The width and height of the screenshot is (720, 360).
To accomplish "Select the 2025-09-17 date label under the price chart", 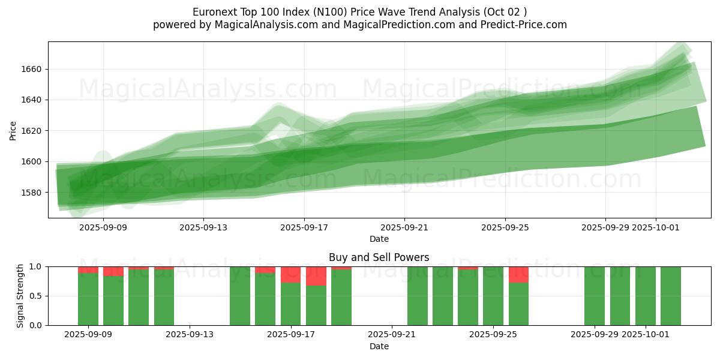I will point(304,227).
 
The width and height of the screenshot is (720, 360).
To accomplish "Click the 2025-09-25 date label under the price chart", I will point(505,227).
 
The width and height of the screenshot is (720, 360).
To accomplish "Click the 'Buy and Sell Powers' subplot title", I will point(379,257).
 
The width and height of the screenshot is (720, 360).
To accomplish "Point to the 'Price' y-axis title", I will point(13,130).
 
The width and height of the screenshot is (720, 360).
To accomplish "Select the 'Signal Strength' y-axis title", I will point(20,296).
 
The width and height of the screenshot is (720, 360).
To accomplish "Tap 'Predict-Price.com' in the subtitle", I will point(526,25).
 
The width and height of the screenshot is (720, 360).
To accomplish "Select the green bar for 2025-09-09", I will point(88,299).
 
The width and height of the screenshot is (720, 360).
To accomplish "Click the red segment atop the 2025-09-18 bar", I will point(316,276).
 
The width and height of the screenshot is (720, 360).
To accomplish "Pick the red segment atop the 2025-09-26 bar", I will point(518,274).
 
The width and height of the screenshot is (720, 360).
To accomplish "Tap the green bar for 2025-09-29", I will point(595,296).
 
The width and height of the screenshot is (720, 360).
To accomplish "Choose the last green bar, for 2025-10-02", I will point(671,296).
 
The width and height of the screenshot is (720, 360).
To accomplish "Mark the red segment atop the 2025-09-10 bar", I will point(113,271).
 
